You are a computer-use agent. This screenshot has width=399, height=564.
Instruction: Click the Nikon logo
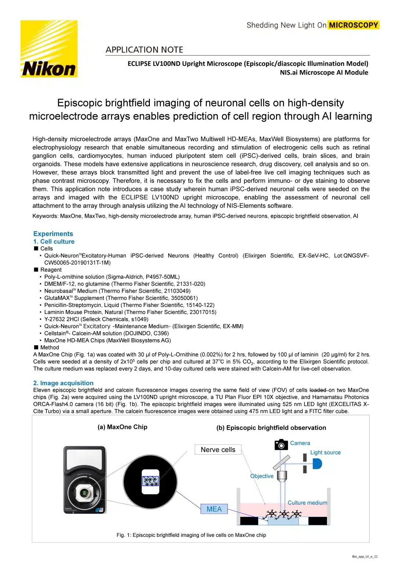[49, 49]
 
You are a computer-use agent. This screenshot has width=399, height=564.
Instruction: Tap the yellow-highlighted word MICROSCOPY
[353, 25]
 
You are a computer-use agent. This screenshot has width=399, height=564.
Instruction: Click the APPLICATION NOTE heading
[144, 50]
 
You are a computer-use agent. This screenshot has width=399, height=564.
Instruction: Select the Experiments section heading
[53, 234]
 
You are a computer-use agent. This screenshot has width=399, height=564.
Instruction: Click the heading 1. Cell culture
[54, 242]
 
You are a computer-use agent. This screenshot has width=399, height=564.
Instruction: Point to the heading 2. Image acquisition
[63, 383]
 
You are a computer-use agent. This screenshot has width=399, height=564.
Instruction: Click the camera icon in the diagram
[281, 444]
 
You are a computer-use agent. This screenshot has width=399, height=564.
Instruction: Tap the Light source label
[325, 452]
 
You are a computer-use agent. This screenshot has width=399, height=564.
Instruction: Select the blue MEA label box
[214, 509]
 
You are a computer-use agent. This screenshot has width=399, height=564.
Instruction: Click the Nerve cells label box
[218, 449]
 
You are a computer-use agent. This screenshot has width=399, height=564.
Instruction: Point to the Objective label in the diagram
[262, 476]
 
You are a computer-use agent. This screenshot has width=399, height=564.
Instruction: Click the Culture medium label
[307, 503]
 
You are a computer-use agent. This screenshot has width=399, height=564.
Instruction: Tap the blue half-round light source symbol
[317, 464]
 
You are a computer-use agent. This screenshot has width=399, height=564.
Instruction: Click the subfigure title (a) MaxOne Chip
[122, 427]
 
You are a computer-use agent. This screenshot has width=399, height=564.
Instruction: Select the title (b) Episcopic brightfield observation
[271, 428]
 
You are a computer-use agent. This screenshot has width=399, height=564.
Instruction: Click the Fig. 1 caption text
[191, 535]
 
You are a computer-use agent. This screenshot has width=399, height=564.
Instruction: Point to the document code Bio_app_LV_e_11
[364, 557]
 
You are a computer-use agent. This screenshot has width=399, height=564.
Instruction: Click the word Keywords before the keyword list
[45, 216]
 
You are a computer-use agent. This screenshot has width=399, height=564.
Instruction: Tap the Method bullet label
[50, 347]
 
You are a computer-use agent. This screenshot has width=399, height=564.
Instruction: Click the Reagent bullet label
[51, 270]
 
